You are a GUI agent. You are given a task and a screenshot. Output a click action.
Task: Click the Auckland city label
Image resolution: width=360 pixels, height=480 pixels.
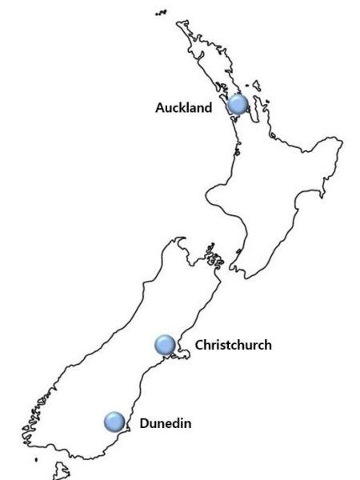184,107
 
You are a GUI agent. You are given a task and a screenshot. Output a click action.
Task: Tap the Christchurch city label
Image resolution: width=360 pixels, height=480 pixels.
234,346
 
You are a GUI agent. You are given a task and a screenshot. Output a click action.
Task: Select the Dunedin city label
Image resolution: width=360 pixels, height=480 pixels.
165,422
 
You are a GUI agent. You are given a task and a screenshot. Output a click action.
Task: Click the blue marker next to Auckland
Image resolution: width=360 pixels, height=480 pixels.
237,105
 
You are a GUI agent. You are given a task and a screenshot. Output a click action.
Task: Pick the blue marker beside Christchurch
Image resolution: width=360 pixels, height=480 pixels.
165,345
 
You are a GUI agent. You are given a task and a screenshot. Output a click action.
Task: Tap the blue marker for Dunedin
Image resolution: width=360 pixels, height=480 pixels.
114,421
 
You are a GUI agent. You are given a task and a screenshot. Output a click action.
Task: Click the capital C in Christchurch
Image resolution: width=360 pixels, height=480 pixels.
199,346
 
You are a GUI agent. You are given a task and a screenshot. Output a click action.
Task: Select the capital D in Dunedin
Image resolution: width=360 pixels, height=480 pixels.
144,422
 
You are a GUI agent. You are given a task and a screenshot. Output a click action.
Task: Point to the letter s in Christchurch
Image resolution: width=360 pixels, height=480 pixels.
225,346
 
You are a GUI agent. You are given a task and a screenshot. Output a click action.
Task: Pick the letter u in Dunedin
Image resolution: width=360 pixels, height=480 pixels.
153,422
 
